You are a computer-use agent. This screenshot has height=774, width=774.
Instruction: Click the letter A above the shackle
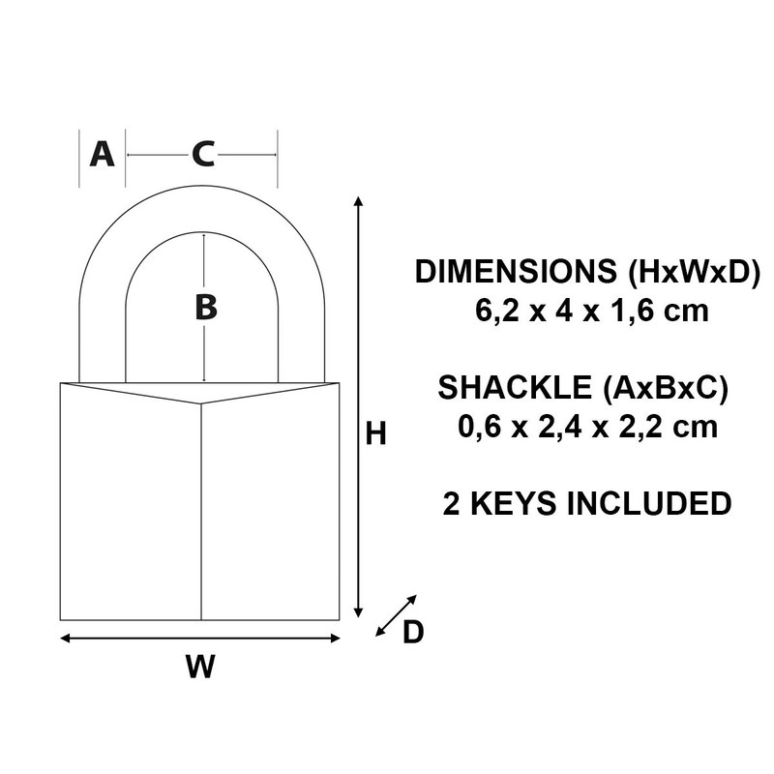pyautogui.click(x=102, y=154)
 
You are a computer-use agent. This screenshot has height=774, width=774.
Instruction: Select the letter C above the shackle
pyautogui.click(x=202, y=154)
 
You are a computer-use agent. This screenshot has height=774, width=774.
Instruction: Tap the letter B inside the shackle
pyautogui.click(x=205, y=308)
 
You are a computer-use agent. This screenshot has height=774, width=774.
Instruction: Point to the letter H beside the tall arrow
pyautogui.click(x=375, y=434)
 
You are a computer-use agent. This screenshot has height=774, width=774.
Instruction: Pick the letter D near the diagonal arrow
pyautogui.click(x=413, y=632)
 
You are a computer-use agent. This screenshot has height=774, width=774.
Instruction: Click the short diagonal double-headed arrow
pyautogui.click(x=396, y=615)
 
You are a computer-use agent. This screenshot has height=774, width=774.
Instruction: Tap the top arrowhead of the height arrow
pyautogui.click(x=359, y=200)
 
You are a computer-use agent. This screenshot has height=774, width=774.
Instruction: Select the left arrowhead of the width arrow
pyautogui.click(x=65, y=638)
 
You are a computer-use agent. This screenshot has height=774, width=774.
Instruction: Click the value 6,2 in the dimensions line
pyautogui.click(x=489, y=312)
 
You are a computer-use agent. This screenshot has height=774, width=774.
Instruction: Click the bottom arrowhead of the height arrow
pyautogui.click(x=359, y=613)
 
